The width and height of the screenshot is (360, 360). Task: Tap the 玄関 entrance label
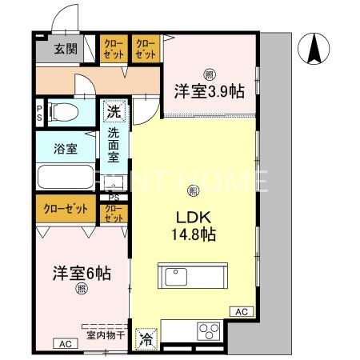[x=66, y=49]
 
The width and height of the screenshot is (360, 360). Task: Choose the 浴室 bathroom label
[x=66, y=148]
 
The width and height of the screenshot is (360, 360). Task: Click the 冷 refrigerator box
[x=146, y=338]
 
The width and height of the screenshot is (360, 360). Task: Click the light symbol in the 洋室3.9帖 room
[x=207, y=74]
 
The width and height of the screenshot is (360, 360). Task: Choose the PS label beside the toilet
[x=39, y=110]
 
